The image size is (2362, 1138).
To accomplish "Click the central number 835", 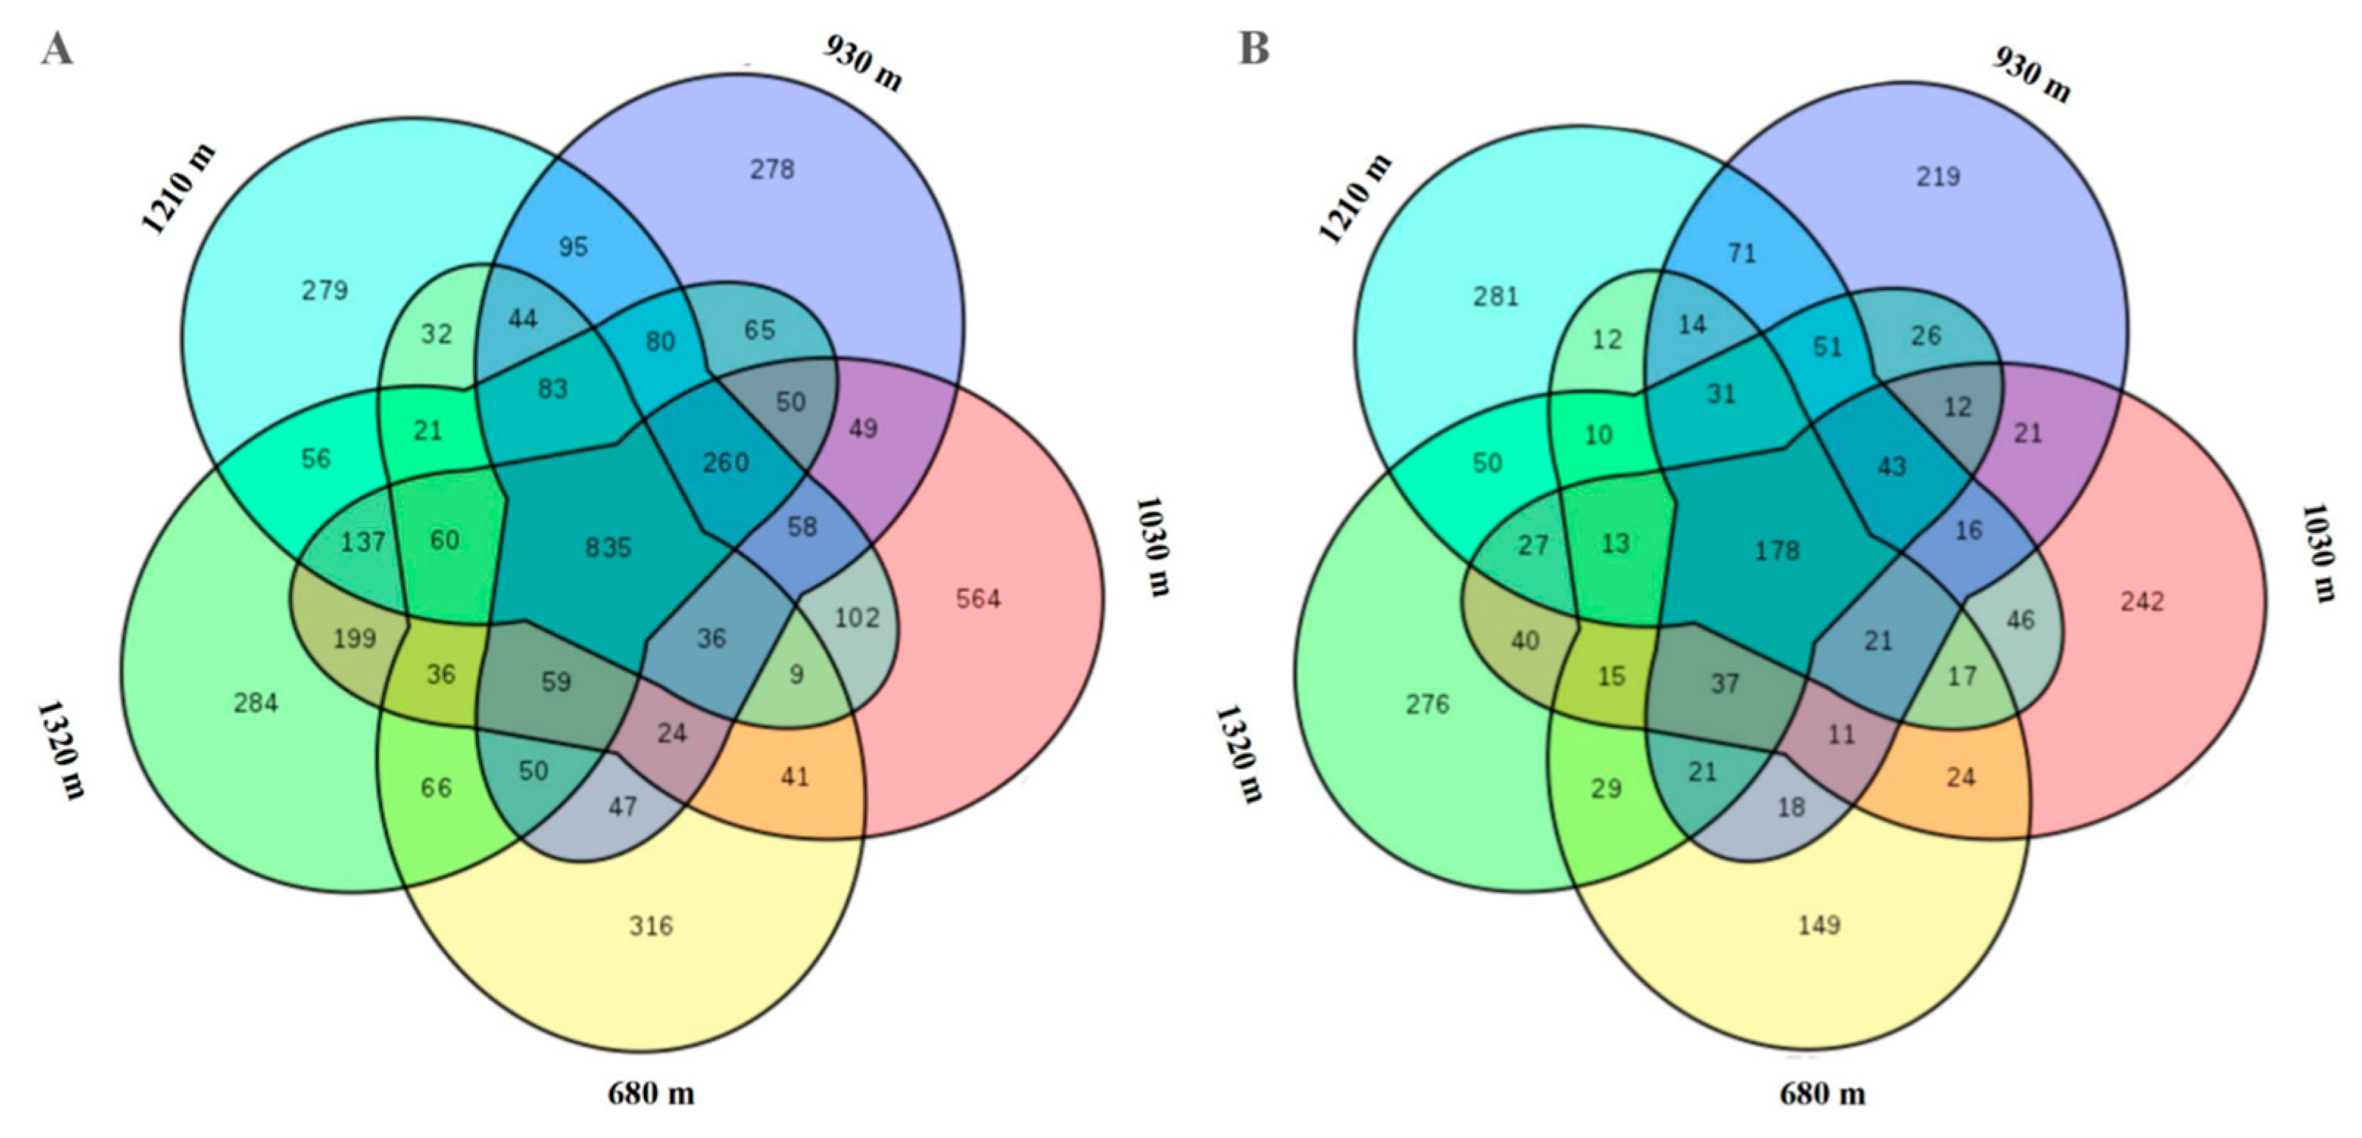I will click(x=609, y=548).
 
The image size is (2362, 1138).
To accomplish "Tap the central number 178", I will click(x=1777, y=550).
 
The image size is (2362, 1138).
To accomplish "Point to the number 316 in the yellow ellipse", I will click(x=651, y=925).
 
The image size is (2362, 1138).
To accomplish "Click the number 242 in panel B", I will click(x=2142, y=601).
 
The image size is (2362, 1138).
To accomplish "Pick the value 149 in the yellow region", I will click(x=1819, y=925).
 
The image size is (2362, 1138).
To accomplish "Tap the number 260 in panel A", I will click(x=726, y=462).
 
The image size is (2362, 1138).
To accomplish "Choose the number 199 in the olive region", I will click(x=355, y=637).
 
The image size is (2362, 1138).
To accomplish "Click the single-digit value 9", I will click(x=796, y=675).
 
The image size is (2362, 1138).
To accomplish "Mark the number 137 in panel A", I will click(x=363, y=542).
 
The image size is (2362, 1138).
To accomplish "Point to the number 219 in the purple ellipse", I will click(x=1938, y=176).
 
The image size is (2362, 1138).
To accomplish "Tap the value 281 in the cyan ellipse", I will click(x=1497, y=296).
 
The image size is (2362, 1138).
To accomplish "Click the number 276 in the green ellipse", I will click(x=1428, y=704).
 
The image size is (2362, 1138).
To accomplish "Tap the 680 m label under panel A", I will click(x=651, y=1093).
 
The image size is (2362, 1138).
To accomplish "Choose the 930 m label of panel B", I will click(x=2032, y=74).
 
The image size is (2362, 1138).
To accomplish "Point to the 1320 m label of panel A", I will click(x=61, y=750).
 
